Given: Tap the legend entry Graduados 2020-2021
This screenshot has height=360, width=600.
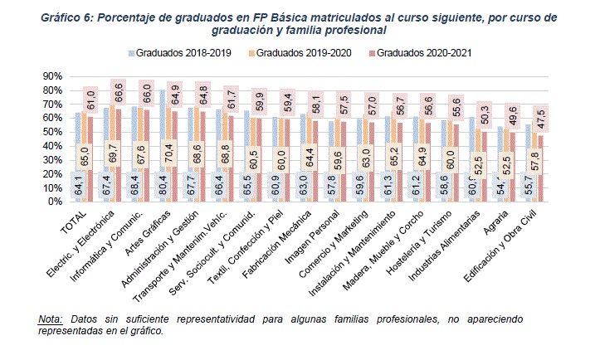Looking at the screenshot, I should click(x=424, y=54).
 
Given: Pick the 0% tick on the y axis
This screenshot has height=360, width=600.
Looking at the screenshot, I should click(x=55, y=202).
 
